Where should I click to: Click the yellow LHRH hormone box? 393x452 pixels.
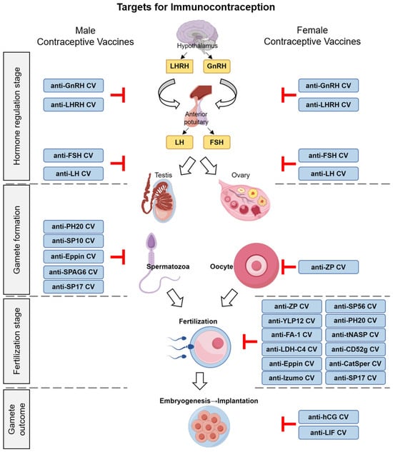(179, 66)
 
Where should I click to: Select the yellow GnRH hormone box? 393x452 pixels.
(217, 66)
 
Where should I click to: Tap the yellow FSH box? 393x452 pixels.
(217, 142)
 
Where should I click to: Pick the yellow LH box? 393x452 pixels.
(179, 142)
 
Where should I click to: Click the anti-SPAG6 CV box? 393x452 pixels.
(74, 272)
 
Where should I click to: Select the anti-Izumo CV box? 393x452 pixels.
(292, 378)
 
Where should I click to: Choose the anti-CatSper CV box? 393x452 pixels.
(355, 363)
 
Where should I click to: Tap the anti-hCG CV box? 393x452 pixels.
(329, 417)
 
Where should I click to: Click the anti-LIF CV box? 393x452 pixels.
(329, 433)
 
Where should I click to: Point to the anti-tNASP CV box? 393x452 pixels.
(355, 335)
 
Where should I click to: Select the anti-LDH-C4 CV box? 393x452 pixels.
(292, 349)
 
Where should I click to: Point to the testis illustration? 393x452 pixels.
(158, 198)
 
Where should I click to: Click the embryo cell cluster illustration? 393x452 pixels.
(209, 426)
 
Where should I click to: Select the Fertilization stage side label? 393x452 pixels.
(16, 341)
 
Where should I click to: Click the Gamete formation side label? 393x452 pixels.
(16, 239)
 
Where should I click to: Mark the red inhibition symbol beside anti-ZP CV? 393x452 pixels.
(288, 267)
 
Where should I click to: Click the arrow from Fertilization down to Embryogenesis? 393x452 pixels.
(199, 381)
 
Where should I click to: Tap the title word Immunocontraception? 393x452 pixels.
(223, 7)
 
